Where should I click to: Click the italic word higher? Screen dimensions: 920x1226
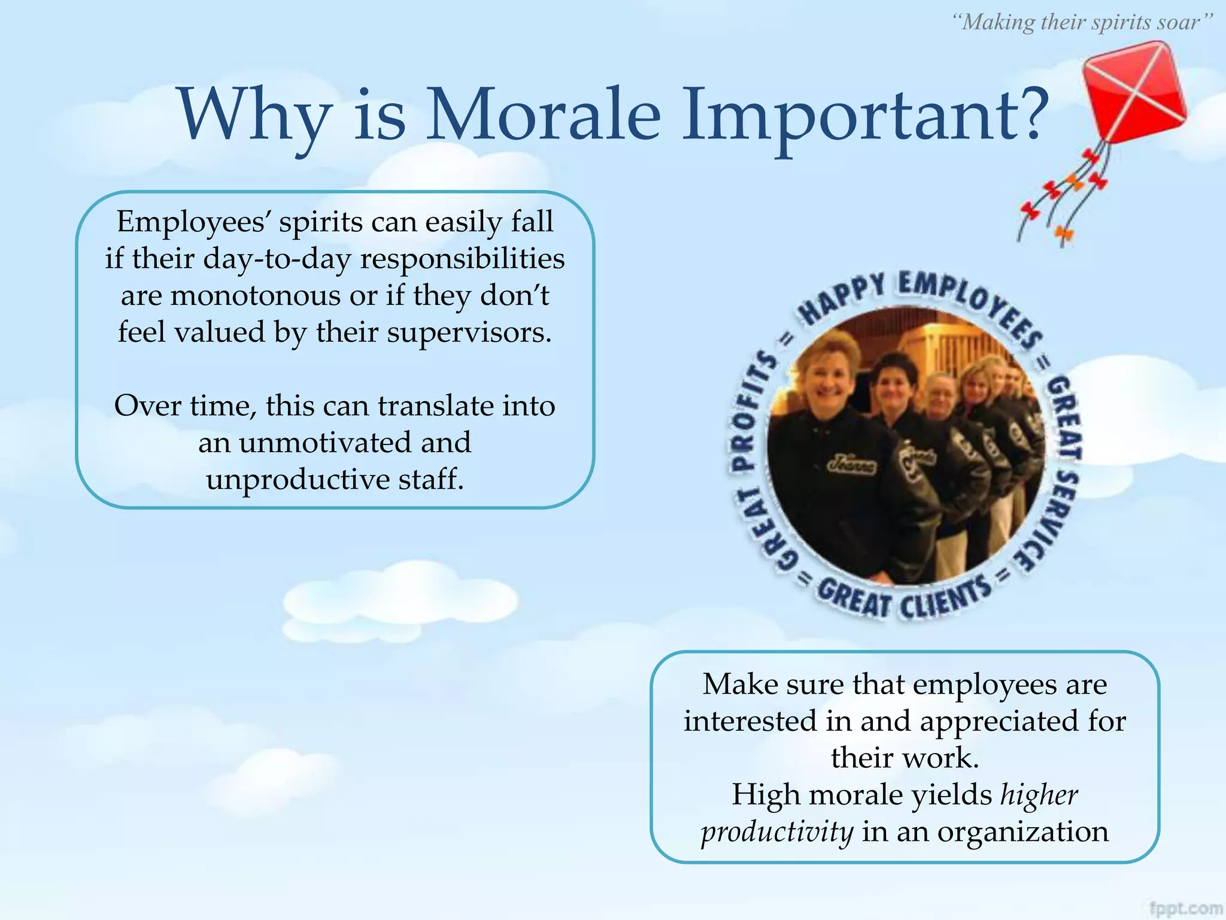[1039, 795]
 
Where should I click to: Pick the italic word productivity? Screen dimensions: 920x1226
[777, 831]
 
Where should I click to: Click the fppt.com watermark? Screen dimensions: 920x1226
[1186, 908]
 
